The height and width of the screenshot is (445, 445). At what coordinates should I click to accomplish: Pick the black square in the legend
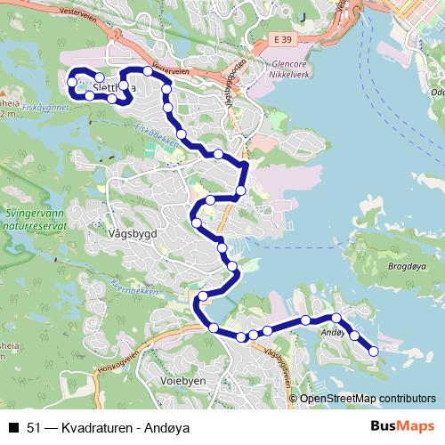[x=13, y=428]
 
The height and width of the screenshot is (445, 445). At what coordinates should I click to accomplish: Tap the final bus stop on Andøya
[x=373, y=352]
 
